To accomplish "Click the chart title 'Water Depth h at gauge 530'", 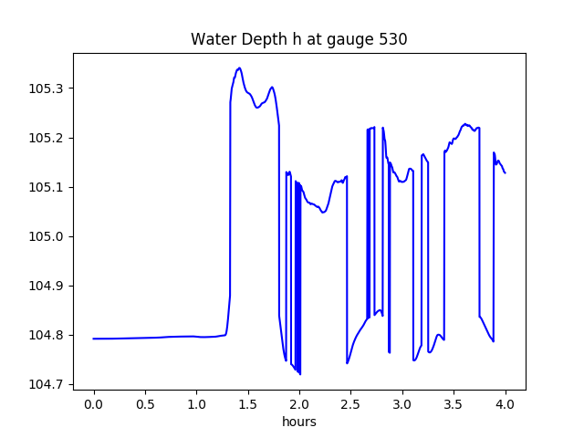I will [298, 39].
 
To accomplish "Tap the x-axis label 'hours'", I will [299, 422].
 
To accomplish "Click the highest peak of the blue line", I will [239, 68].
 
